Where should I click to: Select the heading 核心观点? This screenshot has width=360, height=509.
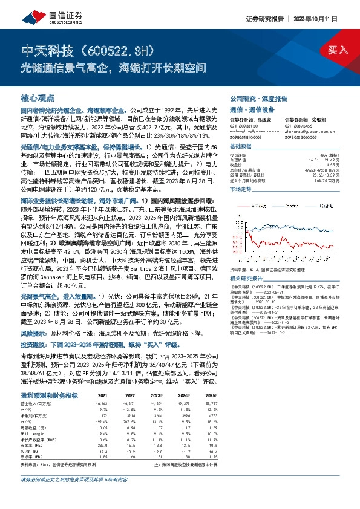(38, 97)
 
